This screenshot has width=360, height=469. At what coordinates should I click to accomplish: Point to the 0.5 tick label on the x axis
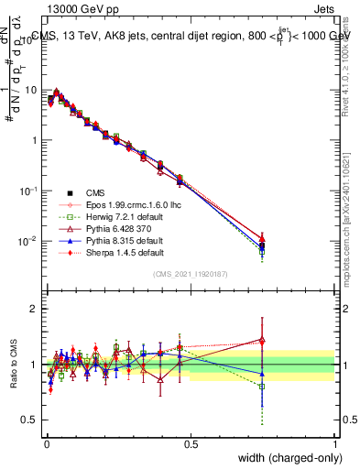tap(191, 442)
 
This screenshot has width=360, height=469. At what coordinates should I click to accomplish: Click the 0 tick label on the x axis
tap(46, 442)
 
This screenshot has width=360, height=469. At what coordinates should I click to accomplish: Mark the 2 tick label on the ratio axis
tap(33, 309)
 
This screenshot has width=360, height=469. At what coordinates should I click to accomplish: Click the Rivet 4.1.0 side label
tap(352, 64)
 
